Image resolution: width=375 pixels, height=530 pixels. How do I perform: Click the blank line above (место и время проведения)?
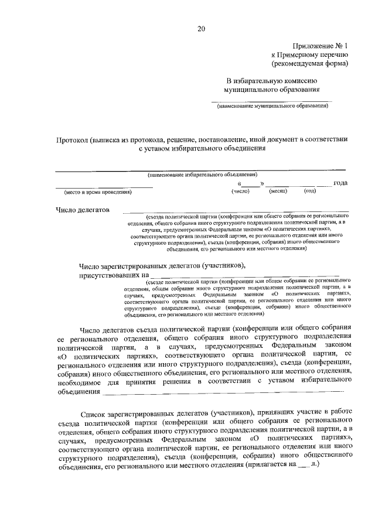coord(104,186)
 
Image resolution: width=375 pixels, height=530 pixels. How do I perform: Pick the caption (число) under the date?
coord(241,191)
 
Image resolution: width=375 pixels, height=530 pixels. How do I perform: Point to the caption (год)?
coord(310,191)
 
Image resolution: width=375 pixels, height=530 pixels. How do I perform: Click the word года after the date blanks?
coord(340,183)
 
